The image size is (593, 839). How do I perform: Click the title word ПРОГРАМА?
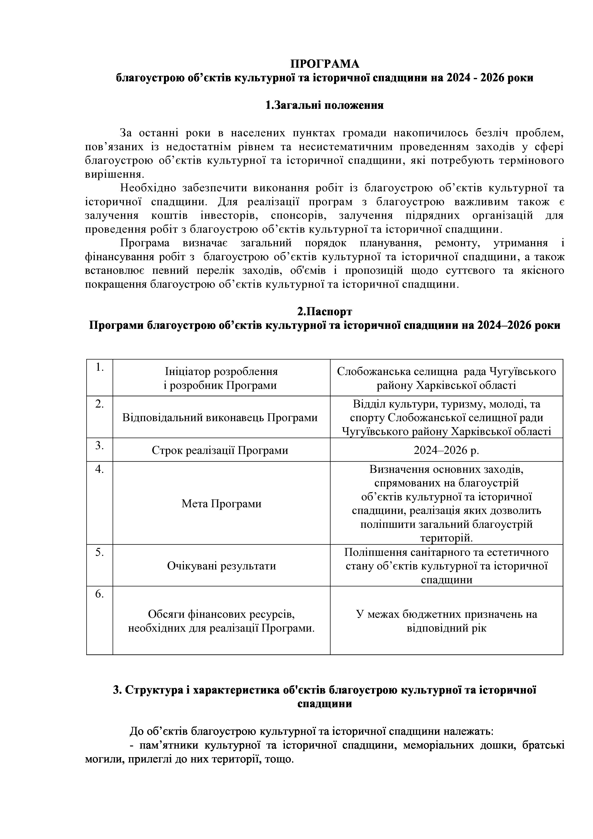325,64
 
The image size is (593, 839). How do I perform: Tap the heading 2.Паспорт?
325,311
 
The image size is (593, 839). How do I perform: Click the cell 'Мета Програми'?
221,503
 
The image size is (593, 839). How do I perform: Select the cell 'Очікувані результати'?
221,566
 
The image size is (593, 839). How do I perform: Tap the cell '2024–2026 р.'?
446,450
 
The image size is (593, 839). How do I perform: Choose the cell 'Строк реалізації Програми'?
220,450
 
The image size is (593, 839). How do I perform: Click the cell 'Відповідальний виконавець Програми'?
220,417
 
